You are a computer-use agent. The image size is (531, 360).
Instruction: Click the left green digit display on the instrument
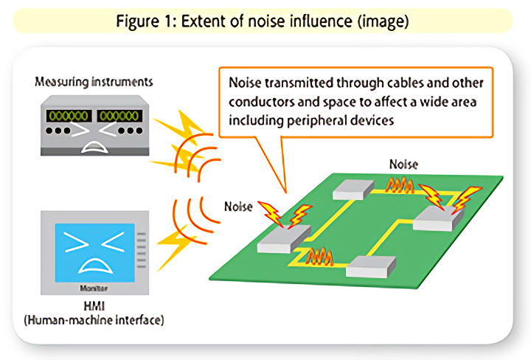click(67, 115)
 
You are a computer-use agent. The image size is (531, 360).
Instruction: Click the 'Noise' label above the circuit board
click(403, 164)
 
